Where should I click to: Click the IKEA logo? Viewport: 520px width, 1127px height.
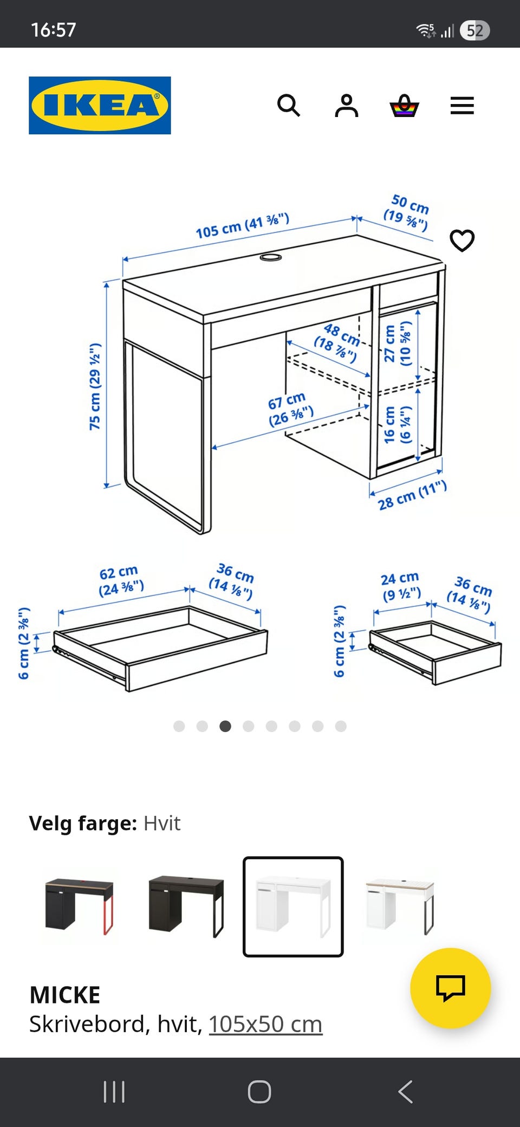pyautogui.click(x=100, y=105)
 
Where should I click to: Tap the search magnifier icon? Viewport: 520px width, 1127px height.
pyautogui.click(x=289, y=105)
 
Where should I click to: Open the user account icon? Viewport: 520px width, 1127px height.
pyautogui.click(x=347, y=105)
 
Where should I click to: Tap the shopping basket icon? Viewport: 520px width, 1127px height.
pyautogui.click(x=404, y=106)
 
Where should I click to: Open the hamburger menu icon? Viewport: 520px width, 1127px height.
pyautogui.click(x=462, y=106)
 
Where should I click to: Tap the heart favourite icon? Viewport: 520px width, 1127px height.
pyautogui.click(x=462, y=241)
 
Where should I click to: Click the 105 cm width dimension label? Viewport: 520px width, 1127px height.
pyautogui.click(x=242, y=226)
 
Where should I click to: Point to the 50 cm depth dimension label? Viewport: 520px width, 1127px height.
pyautogui.click(x=407, y=212)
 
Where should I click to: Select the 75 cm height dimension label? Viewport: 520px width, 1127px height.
pyautogui.click(x=95, y=386)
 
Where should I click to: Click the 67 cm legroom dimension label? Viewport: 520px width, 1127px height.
pyautogui.click(x=290, y=409)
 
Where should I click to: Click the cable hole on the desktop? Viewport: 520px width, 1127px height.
pyautogui.click(x=271, y=257)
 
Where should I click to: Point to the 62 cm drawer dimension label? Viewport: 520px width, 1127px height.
pyautogui.click(x=121, y=580)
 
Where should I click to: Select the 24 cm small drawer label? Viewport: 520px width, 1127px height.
pyautogui.click(x=401, y=587)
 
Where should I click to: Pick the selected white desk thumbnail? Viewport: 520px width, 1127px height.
pyautogui.click(x=293, y=906)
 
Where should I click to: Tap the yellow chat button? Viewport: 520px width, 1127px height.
pyautogui.click(x=451, y=988)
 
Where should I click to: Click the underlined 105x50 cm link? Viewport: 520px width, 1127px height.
pyautogui.click(x=265, y=1024)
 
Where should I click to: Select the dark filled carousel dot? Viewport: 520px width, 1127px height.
pyautogui.click(x=225, y=726)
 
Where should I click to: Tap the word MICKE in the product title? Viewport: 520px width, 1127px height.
pyautogui.click(x=65, y=995)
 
